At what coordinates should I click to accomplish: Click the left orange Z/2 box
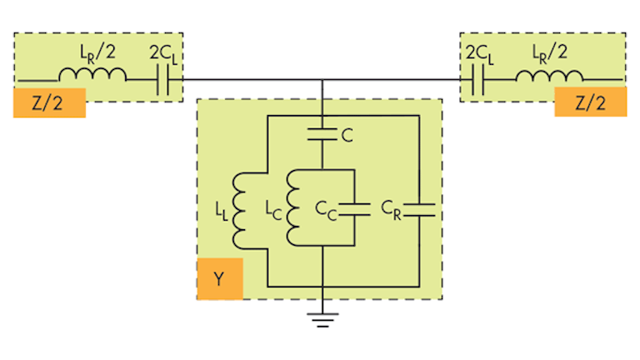tap(49, 103)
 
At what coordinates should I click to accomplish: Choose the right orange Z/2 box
tap(590, 103)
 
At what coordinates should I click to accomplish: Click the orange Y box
tap(219, 278)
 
